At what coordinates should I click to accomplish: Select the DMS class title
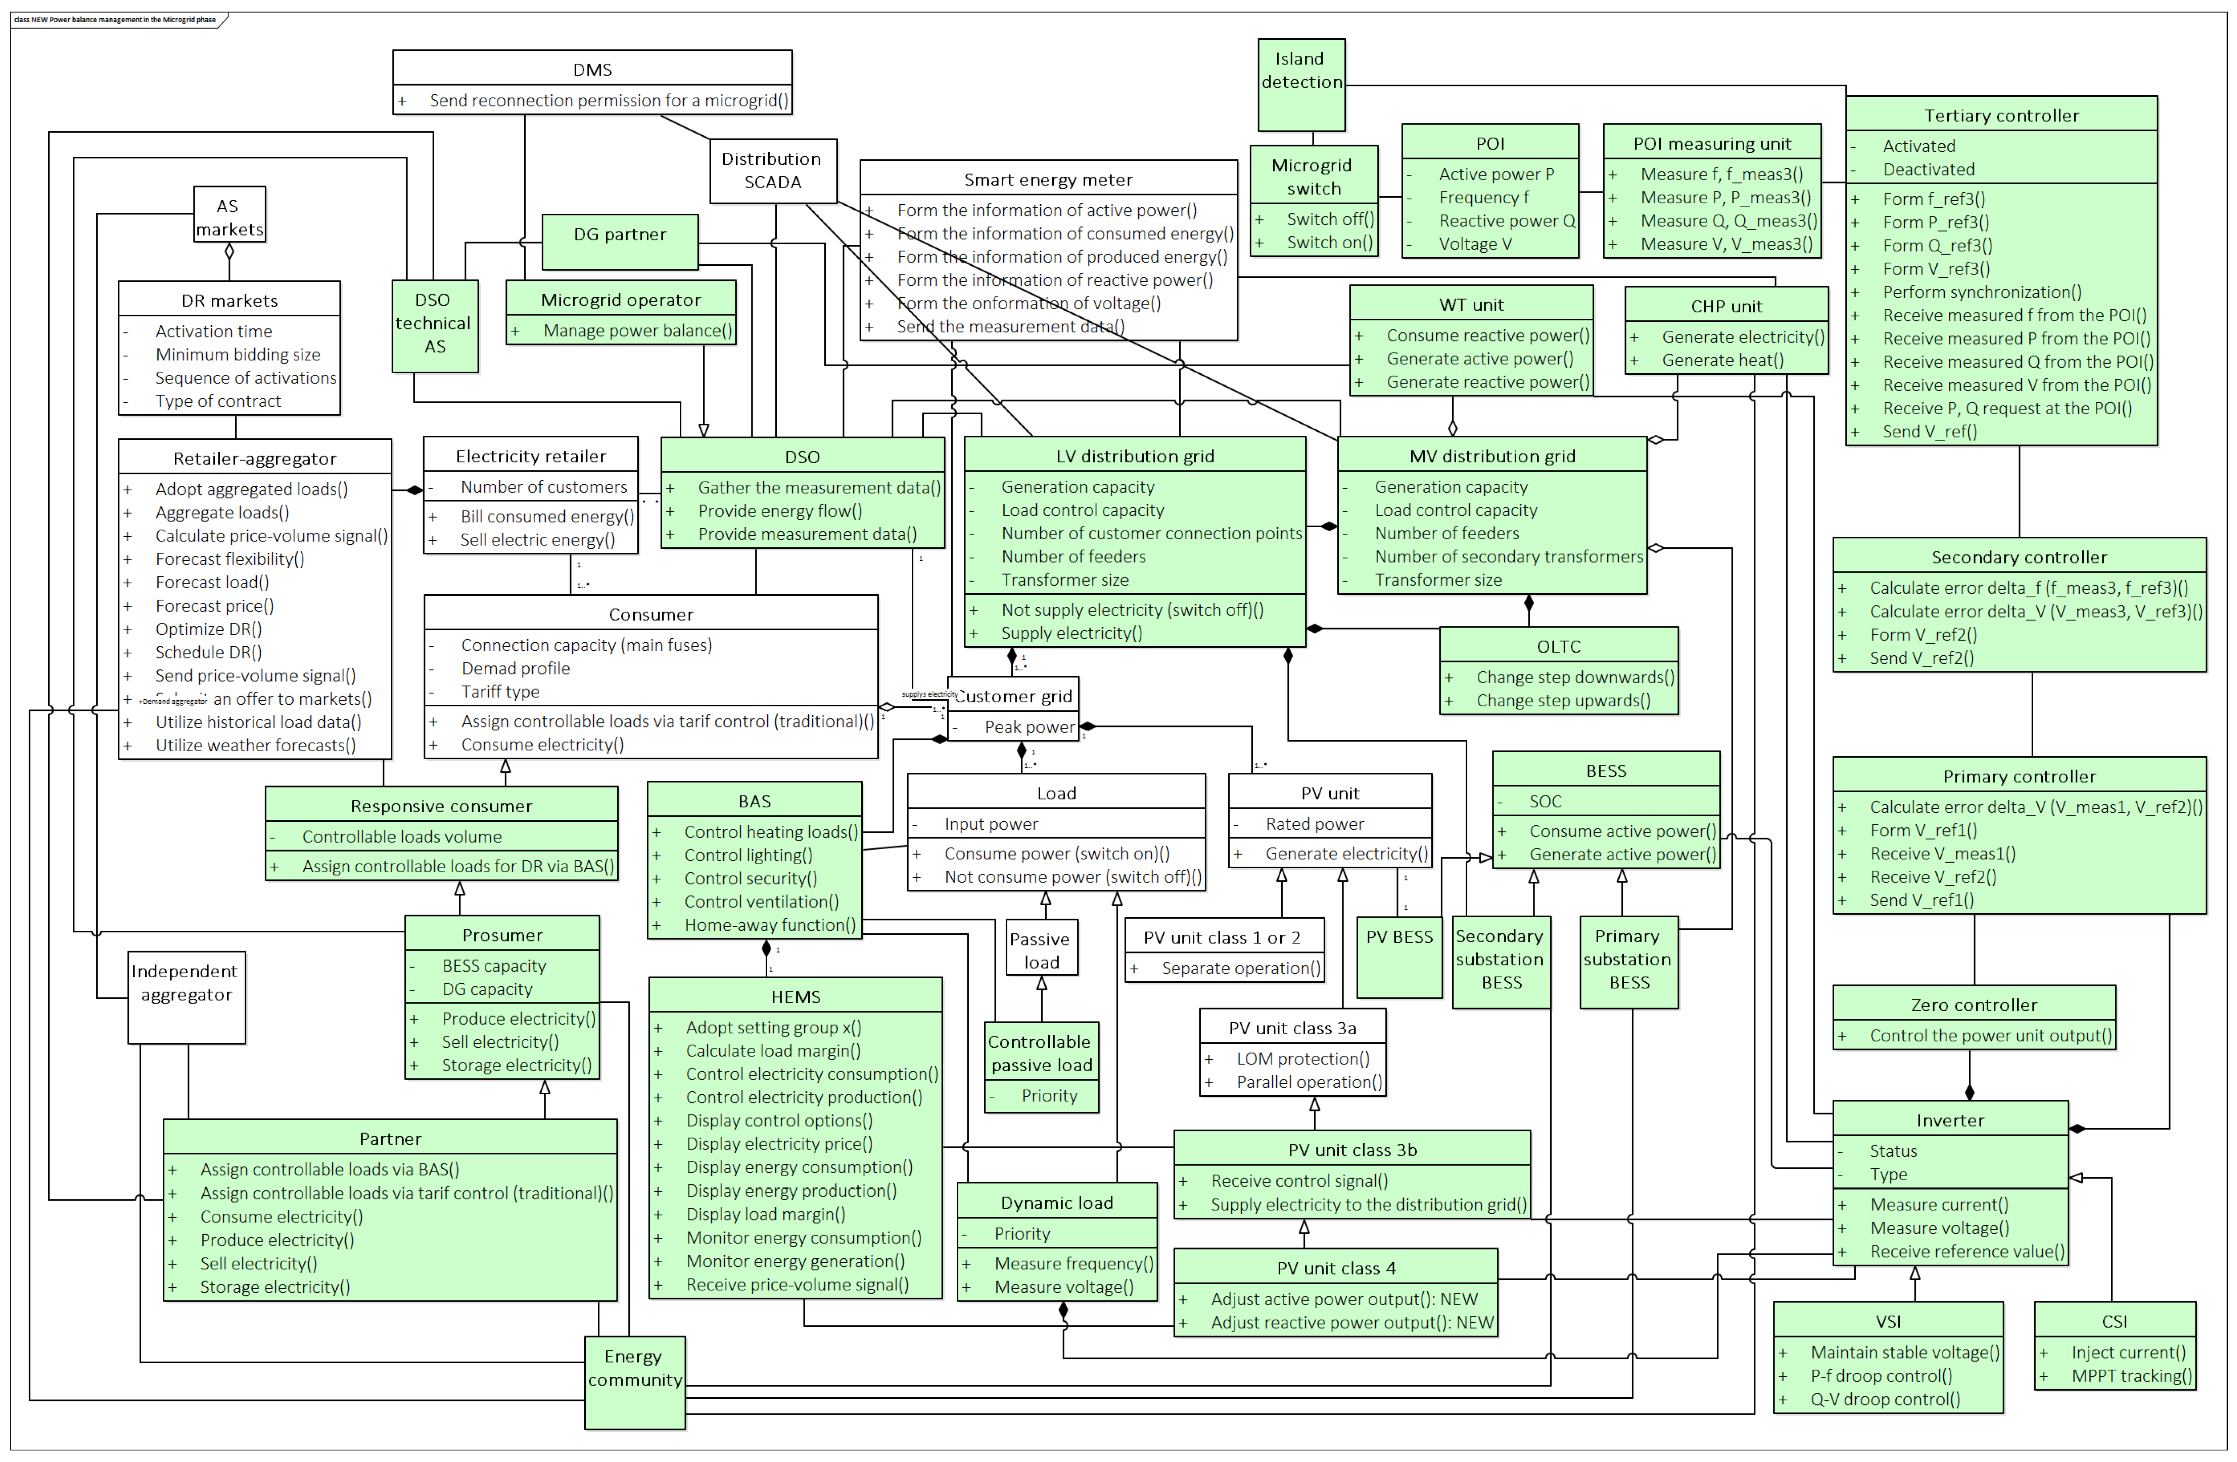coord(592,70)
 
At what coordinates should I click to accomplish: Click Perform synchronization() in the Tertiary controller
coord(1982,292)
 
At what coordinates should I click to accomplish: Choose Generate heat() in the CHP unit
coord(1722,361)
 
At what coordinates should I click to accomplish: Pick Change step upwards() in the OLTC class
coord(1562,701)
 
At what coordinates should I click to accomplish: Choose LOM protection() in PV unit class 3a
coord(1302,1059)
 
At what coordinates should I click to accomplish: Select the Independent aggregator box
coord(186,996)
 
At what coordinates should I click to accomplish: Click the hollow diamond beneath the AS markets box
coord(229,252)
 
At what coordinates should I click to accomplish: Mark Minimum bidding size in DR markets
coord(237,355)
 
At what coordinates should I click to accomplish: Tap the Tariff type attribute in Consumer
coord(500,692)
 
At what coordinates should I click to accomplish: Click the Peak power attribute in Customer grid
coord(1028,727)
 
